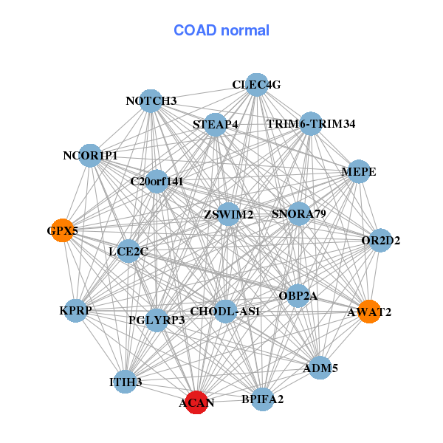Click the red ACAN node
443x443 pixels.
[x=196, y=402]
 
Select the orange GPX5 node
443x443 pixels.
[x=63, y=230]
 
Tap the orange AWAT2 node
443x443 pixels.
[x=369, y=312]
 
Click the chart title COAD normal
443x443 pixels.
[x=221, y=30]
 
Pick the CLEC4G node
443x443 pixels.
[x=257, y=85]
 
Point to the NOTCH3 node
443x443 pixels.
[x=151, y=101]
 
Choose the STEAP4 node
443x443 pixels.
[x=216, y=125]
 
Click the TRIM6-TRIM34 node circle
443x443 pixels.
[x=311, y=123]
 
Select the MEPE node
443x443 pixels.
[x=359, y=171]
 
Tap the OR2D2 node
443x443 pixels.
[x=380, y=240]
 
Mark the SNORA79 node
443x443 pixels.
[x=299, y=213]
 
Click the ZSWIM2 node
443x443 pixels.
[x=228, y=214]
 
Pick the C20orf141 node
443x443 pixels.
[x=157, y=182]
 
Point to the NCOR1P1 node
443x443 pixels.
[x=90, y=155]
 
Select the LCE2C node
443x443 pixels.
[x=128, y=251]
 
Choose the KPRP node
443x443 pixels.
[x=75, y=311]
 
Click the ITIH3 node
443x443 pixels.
[x=126, y=382]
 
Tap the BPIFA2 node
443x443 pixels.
[x=262, y=399]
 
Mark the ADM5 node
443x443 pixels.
[x=320, y=368]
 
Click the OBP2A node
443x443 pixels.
[x=298, y=296]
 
